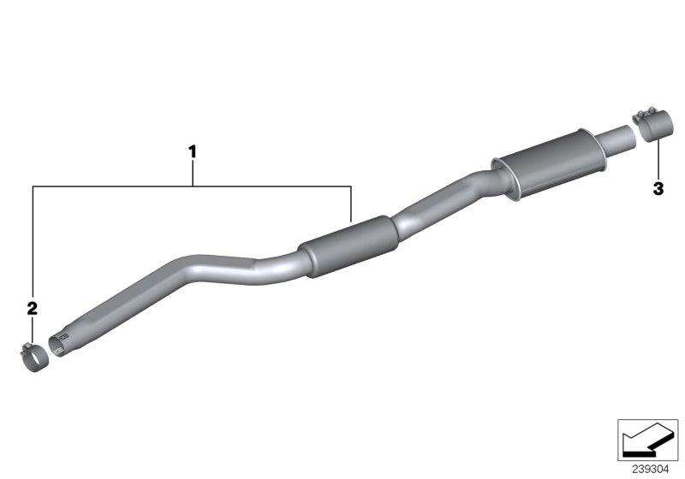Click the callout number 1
click(x=193, y=152)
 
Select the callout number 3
click(x=658, y=189)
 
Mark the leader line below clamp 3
click(x=658, y=163)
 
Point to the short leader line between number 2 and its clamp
click(x=33, y=329)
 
